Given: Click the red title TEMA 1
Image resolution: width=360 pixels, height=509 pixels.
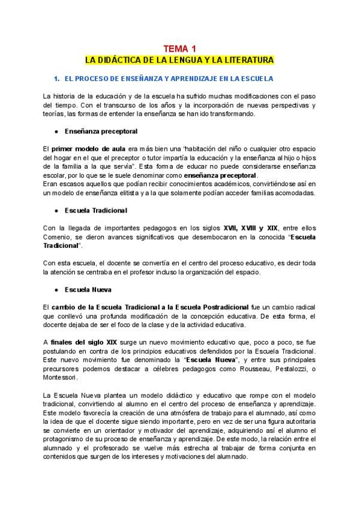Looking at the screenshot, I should [180, 49].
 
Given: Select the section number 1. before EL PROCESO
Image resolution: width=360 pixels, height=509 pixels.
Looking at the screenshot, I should [57, 79].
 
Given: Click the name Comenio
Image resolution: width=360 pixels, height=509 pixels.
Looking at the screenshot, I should [57, 238].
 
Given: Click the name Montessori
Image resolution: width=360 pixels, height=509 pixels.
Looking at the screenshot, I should [60, 378].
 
